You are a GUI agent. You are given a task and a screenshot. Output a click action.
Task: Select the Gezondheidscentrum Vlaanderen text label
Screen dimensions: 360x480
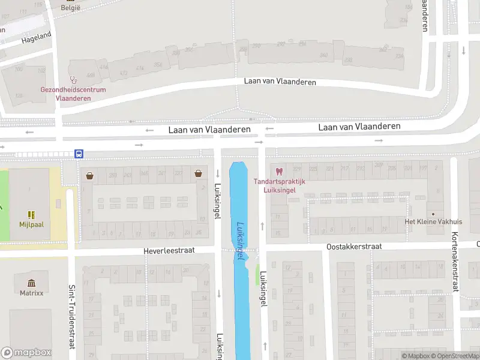(73, 94)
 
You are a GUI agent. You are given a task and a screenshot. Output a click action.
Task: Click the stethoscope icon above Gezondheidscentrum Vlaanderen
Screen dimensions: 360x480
(73, 79)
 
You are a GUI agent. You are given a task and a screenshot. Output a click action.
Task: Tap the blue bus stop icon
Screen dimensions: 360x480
(79, 154)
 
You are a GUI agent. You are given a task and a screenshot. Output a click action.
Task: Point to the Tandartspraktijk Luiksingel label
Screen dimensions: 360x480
(280, 185)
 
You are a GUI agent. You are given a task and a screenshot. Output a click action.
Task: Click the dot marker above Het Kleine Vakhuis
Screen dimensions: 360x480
(433, 214)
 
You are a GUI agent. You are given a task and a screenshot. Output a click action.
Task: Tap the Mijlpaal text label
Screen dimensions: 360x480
(31, 224)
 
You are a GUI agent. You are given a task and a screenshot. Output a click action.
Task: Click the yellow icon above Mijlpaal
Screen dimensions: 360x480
(31, 214)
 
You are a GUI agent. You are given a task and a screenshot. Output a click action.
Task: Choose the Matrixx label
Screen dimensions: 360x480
(31, 293)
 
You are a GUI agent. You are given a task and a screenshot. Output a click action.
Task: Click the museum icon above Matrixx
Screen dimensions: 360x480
(31, 283)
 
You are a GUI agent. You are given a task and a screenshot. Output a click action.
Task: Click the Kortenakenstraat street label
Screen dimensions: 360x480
(455, 262)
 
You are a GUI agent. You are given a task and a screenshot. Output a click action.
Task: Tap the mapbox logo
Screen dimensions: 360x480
(26, 352)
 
